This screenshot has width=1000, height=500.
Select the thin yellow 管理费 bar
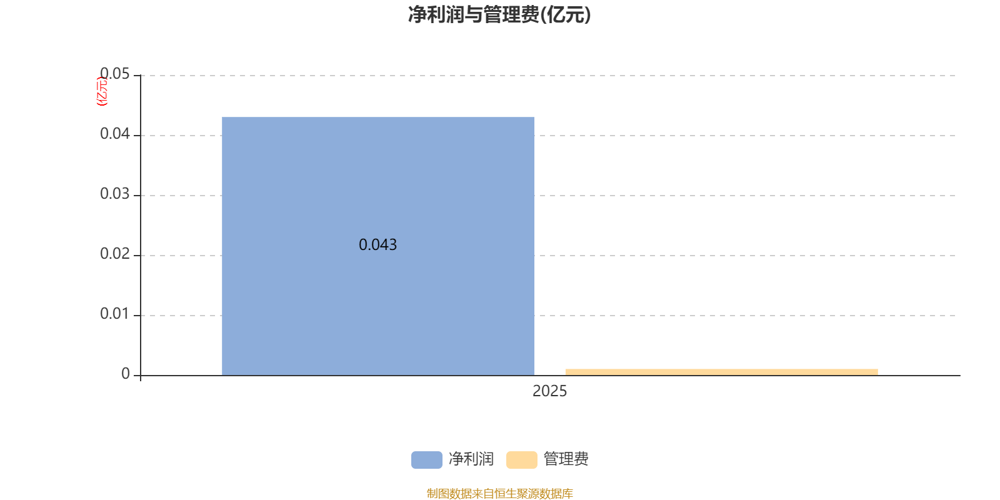721,372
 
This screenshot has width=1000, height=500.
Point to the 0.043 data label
377,245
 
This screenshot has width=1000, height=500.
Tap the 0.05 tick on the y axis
115,74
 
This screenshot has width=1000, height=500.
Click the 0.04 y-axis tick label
115,134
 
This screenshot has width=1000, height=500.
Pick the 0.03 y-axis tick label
115,194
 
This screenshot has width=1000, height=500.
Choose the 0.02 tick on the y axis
115,254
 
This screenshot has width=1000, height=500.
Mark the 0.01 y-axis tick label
115,314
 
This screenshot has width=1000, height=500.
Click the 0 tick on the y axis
126,374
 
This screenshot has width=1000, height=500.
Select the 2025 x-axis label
549,391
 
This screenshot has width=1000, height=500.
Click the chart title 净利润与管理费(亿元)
499,15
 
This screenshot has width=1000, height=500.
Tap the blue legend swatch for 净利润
426,459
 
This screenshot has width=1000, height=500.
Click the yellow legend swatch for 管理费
521,459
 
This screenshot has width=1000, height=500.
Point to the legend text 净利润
471,459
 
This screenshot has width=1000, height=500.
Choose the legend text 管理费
566,459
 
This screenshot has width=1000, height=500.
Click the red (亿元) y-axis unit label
102,91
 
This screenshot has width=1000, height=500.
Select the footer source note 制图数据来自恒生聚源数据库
499,494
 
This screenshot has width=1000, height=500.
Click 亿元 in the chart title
566,15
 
